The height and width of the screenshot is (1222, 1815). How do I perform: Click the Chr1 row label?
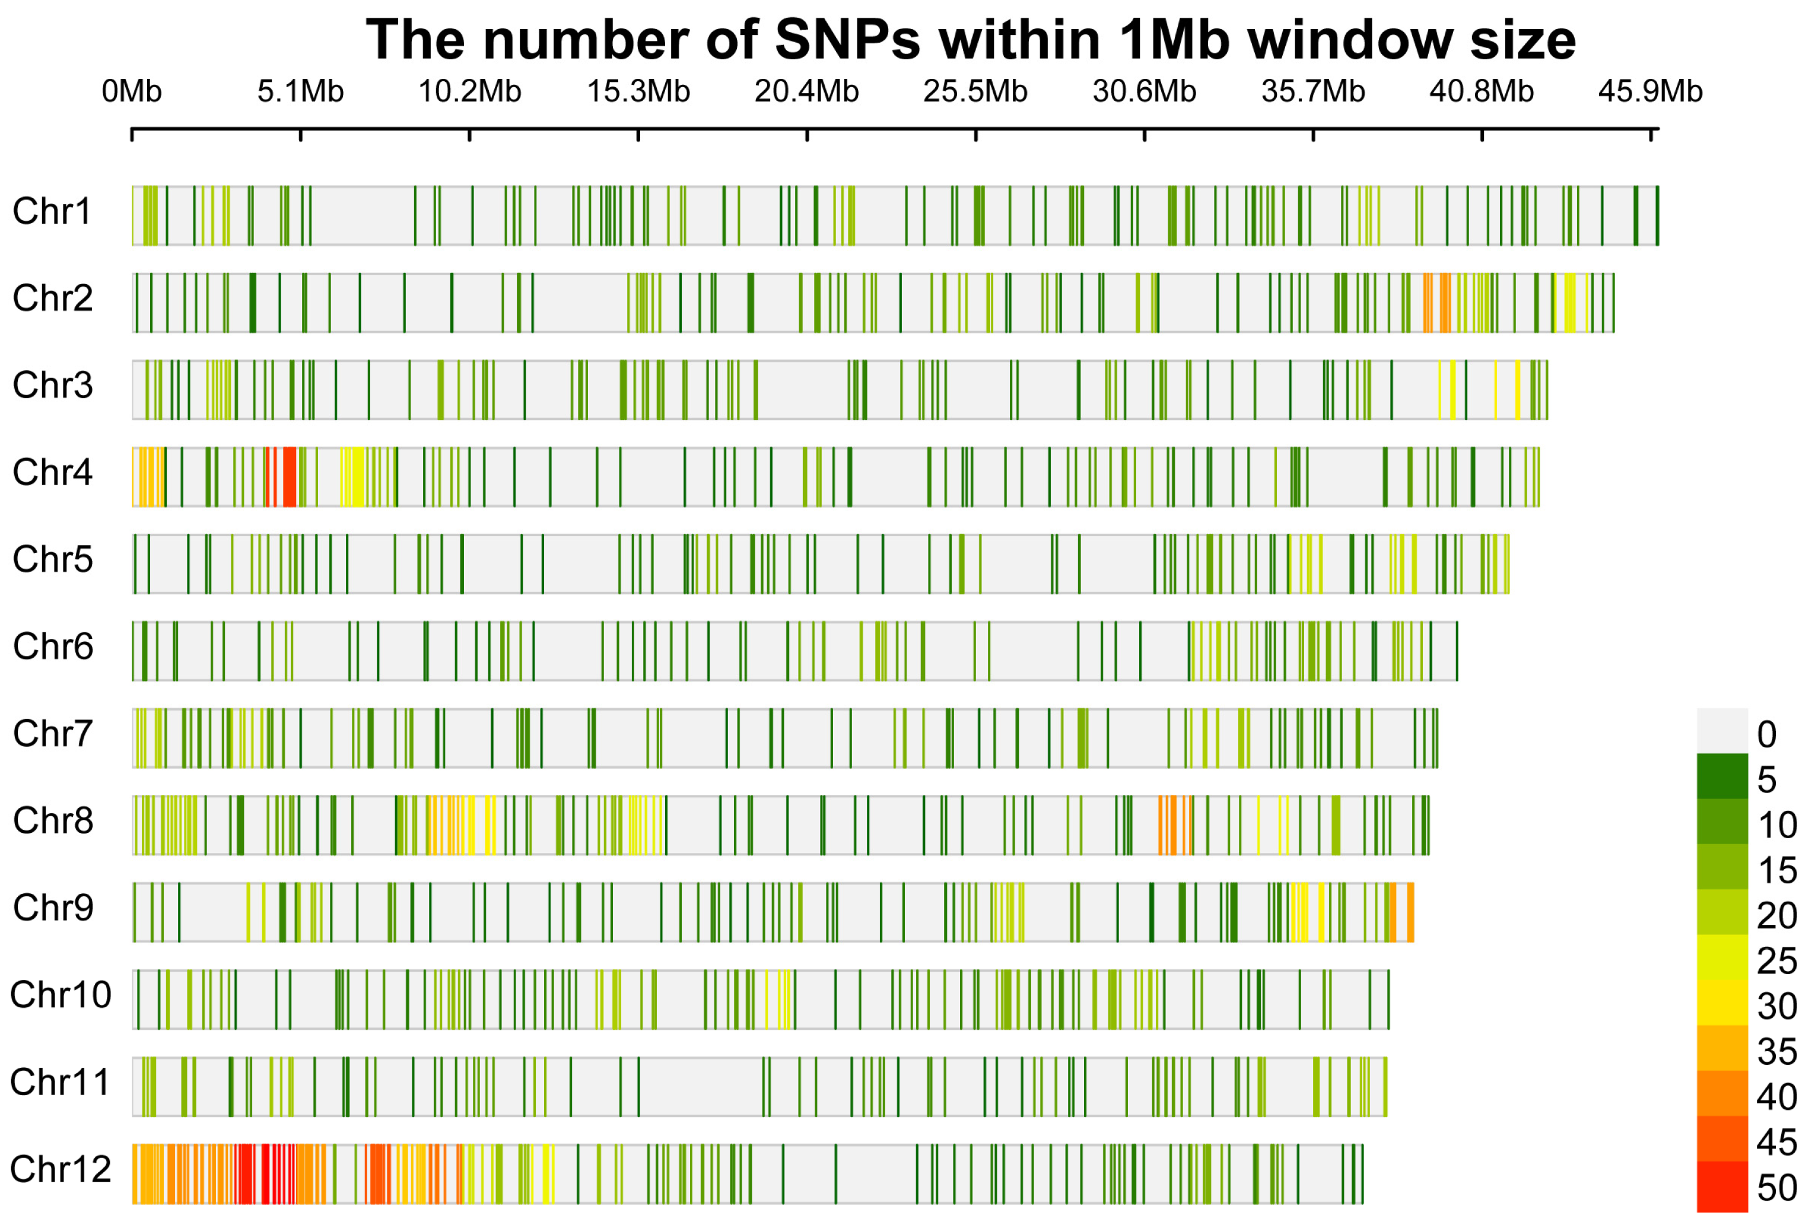click(52, 211)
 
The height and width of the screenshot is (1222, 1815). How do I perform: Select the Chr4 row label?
click(52, 472)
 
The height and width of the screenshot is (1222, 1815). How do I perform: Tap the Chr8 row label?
click(52, 820)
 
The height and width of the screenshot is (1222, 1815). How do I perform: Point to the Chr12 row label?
click(60, 1169)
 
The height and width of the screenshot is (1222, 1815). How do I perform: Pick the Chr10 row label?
click(60, 994)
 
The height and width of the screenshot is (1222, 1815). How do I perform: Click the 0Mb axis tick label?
click(131, 92)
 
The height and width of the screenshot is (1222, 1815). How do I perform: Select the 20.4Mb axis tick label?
click(806, 92)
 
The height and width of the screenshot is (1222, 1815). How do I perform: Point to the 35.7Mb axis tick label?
click(1312, 92)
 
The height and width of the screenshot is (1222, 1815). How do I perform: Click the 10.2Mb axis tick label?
click(469, 92)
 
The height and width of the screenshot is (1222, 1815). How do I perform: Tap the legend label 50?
click(1777, 1188)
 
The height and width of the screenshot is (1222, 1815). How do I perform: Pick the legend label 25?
click(1777, 961)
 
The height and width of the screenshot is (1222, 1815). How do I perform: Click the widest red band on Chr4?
click(289, 477)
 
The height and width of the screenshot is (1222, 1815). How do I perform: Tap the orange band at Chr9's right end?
click(1410, 912)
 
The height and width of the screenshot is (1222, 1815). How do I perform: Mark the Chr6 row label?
click(52, 647)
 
